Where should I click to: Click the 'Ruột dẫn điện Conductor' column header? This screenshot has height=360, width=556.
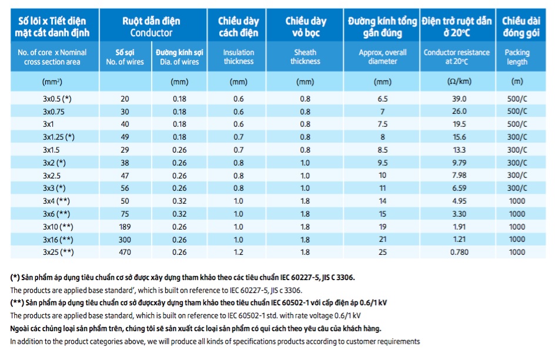(x=151, y=26)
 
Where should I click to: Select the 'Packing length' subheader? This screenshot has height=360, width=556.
(x=517, y=57)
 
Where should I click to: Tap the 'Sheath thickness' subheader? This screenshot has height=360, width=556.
(x=305, y=57)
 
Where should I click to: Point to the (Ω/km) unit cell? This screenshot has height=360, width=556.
(x=459, y=82)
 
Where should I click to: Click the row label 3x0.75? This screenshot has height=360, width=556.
(x=53, y=112)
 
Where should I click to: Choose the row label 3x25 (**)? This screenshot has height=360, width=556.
(x=58, y=253)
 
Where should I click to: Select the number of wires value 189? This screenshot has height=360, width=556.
(x=125, y=227)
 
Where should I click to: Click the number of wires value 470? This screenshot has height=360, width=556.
(x=125, y=253)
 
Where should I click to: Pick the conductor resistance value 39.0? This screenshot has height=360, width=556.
(x=459, y=99)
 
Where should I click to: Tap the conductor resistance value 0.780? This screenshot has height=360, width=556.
(x=459, y=253)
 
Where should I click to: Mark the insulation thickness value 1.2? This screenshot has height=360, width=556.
(x=238, y=253)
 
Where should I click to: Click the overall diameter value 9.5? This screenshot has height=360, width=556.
(x=382, y=163)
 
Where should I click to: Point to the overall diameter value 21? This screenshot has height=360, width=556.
(x=382, y=240)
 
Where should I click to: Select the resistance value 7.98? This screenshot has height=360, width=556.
(x=459, y=176)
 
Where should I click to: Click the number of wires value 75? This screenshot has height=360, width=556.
(x=125, y=214)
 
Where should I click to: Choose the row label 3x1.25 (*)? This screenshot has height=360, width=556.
(x=59, y=137)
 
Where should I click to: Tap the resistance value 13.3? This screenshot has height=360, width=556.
(x=459, y=150)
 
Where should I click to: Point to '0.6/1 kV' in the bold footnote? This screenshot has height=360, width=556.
(x=373, y=303)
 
